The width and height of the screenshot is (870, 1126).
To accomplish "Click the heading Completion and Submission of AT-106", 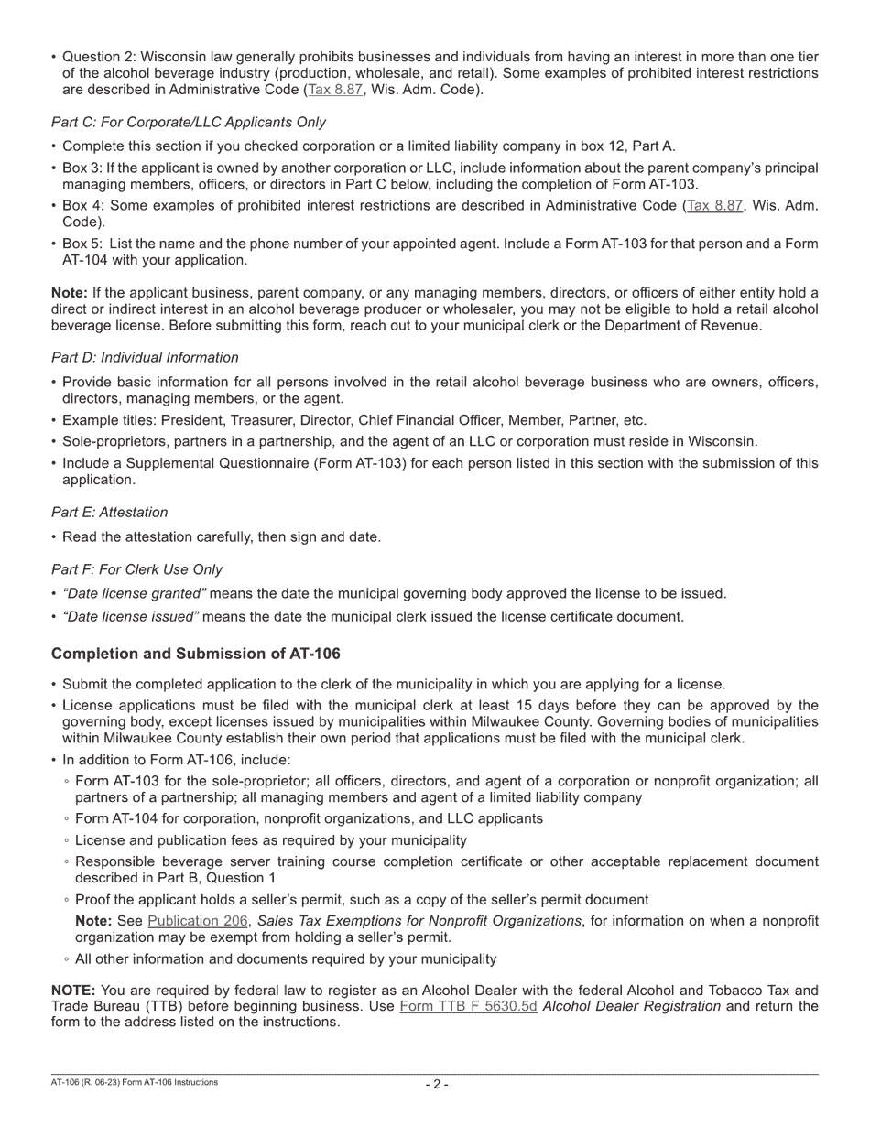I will pyautogui.click(x=195, y=654).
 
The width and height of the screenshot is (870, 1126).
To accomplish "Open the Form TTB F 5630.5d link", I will pyautogui.click(x=468, y=1006).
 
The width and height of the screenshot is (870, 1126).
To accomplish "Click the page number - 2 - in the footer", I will pyautogui.click(x=436, y=1084).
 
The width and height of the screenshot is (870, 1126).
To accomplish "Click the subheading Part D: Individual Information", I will pyautogui.click(x=145, y=358).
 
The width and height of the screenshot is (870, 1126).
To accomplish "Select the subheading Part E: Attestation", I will pyautogui.click(x=110, y=513).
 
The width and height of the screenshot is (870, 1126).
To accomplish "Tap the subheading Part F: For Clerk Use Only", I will pyautogui.click(x=136, y=569).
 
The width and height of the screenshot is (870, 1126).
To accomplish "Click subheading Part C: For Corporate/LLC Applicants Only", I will pyautogui.click(x=188, y=123).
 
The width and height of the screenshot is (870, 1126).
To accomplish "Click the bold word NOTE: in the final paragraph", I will pyautogui.click(x=73, y=991).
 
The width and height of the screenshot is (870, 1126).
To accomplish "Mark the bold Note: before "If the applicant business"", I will pyautogui.click(x=70, y=293).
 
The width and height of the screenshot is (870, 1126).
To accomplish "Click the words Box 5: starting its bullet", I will pyautogui.click(x=82, y=244).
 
